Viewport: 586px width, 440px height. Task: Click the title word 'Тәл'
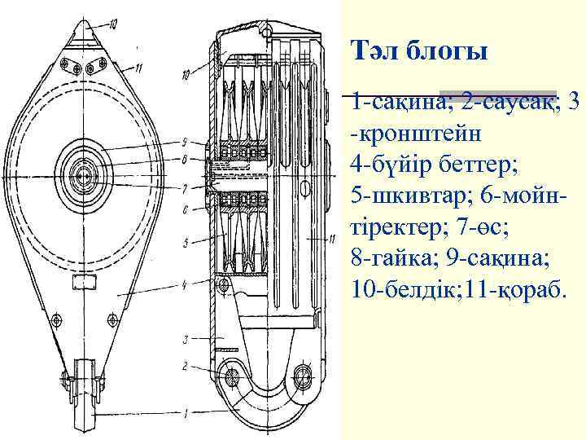click(374, 53)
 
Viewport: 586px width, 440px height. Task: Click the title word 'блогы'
click(444, 54)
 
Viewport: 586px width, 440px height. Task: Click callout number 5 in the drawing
click(186, 242)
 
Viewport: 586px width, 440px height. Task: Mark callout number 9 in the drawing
click(186, 143)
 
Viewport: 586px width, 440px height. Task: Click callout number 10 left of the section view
click(186, 76)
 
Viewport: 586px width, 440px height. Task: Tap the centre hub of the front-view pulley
click(83, 174)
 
